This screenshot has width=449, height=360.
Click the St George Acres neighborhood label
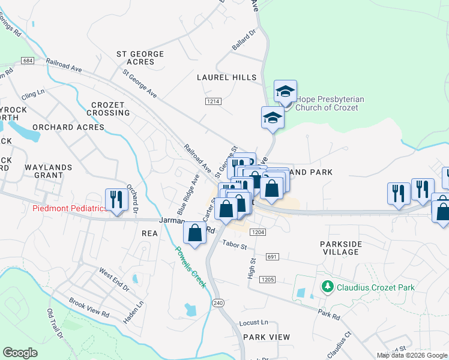(140, 58)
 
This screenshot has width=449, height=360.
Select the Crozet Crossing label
(110, 109)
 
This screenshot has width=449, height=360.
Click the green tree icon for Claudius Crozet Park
(327, 287)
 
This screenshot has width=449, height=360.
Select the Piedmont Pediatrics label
(70, 209)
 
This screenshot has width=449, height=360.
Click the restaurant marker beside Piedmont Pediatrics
(116, 200)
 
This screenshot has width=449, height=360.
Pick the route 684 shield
(26, 61)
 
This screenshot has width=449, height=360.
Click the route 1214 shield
(212, 101)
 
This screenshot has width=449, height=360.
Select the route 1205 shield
(267, 280)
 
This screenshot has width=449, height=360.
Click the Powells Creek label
(190, 266)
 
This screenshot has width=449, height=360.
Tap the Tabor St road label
(234, 245)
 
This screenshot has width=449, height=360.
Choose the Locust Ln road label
(253, 322)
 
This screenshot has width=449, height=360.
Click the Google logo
(20, 353)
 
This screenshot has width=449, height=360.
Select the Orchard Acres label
(68, 127)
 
